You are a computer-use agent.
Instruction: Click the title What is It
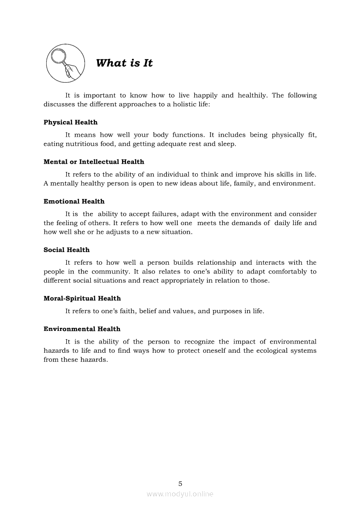[124, 63]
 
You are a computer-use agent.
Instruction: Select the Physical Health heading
[71, 122]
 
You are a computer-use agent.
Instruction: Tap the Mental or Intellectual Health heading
[94, 162]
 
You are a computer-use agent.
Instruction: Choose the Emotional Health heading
[74, 202]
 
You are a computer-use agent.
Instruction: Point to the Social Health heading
[66, 250]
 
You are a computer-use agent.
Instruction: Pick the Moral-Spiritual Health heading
[82, 299]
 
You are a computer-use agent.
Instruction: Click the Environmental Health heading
[82, 329]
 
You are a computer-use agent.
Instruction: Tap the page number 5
[180, 483]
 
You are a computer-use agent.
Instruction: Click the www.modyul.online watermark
[180, 494]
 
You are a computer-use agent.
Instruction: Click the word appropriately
[182, 280]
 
